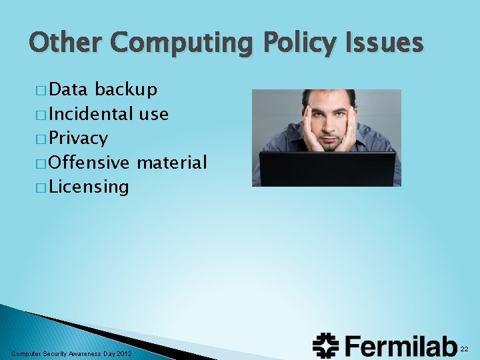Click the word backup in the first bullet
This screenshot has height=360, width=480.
[x=126, y=90]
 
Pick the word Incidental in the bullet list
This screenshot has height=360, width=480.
[x=91, y=114]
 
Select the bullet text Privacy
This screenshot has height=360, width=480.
[x=78, y=139]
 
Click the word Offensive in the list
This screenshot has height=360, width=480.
[x=89, y=162]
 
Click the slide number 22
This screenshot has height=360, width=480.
[x=464, y=349]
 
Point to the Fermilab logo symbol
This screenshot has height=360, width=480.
[x=326, y=345]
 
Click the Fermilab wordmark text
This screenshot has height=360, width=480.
[x=399, y=345]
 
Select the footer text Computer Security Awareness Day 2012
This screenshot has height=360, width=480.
[x=72, y=353]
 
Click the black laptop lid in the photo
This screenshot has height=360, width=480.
[x=326, y=169]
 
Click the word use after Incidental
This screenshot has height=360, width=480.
[x=153, y=114]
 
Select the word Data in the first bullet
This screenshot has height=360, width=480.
[x=69, y=90]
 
